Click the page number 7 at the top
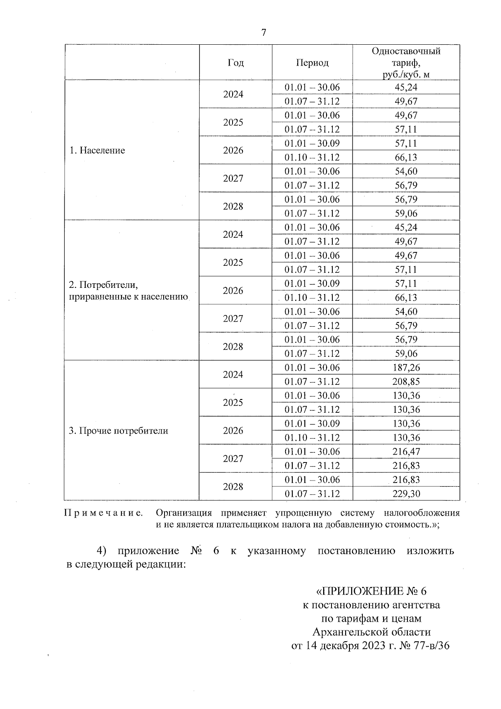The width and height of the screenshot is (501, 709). (263, 33)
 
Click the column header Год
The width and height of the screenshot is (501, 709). (235, 63)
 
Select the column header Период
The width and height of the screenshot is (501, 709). (312, 63)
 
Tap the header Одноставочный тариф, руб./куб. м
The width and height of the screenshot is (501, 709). (406, 63)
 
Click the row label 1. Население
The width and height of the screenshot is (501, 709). (97, 150)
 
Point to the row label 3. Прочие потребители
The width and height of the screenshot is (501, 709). (119, 431)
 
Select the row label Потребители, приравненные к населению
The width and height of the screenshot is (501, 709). (129, 291)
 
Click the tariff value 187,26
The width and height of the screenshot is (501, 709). (406, 368)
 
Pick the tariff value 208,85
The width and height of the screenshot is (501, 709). (406, 381)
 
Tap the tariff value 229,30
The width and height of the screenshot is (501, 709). (406, 494)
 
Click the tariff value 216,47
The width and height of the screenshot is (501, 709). (406, 452)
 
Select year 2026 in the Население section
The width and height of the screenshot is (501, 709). (233, 150)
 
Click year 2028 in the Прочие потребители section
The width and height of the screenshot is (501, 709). (233, 487)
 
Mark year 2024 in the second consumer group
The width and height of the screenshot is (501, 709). (233, 234)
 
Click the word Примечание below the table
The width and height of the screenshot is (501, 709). (103, 513)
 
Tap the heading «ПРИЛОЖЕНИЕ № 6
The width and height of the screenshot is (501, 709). (372, 591)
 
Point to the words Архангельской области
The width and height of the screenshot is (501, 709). (372, 631)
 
